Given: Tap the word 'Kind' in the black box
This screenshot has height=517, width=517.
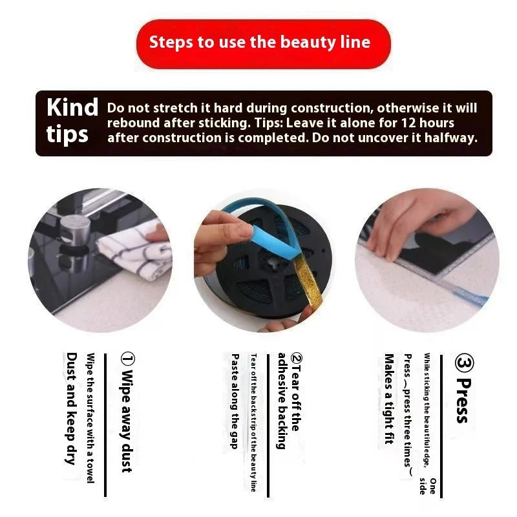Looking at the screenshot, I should [x=72, y=108].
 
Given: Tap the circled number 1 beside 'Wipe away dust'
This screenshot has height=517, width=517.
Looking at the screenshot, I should [x=127, y=359].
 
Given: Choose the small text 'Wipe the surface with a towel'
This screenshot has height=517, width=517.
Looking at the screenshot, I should [x=90, y=417].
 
